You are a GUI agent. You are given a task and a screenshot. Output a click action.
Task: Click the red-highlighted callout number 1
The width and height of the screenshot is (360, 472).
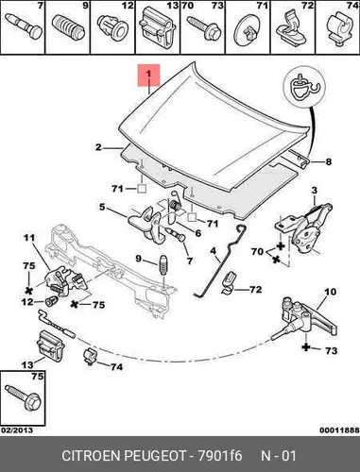point(148,75)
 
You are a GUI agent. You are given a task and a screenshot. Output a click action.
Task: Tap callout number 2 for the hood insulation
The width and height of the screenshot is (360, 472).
point(98,147)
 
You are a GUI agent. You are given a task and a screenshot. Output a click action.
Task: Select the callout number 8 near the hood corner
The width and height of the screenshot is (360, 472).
point(328,161)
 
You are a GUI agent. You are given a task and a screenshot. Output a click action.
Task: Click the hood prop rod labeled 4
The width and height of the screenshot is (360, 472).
point(218,262)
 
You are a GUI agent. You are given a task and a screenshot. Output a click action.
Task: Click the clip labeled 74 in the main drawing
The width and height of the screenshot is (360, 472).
point(90,357)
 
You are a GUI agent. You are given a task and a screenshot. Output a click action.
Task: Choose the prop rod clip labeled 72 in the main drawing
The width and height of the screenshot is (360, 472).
point(229,283)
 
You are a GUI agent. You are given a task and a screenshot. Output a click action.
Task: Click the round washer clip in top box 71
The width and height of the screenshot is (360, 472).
point(247,30)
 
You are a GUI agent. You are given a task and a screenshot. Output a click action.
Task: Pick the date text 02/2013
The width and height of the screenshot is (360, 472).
point(17,430)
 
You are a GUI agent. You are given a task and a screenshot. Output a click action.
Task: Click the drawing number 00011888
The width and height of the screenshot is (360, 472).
point(340,430)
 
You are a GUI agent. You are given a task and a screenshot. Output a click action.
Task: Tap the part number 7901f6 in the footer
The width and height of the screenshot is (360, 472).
point(219,456)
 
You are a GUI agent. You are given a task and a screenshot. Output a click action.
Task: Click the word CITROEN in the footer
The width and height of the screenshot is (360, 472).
point(92,456)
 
